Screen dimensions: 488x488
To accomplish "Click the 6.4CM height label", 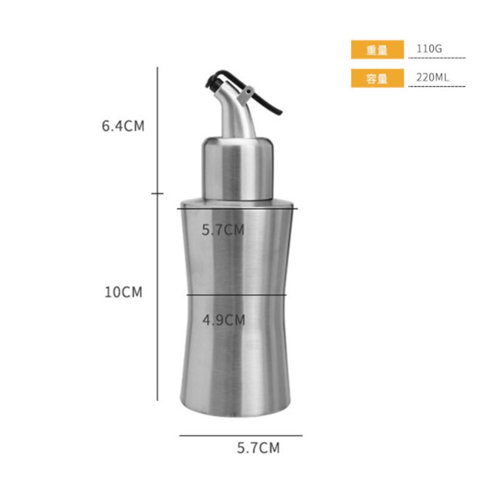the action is point(123,126).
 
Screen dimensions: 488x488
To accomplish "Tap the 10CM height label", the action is point(123,292).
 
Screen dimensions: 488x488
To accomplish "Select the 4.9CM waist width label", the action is point(224,320).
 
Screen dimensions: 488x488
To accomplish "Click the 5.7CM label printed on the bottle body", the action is point(223,230).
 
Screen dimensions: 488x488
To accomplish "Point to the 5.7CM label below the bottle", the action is point(258,448).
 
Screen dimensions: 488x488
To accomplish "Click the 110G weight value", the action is point(429,49).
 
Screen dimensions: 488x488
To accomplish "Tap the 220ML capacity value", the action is point(432,77).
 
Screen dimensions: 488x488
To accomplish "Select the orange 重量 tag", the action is point(377,49).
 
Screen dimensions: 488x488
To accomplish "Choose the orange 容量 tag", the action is point(377,78).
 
